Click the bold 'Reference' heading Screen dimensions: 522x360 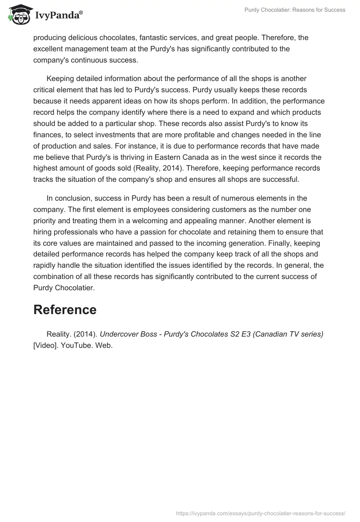coord(65,310)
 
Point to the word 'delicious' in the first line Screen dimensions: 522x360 coord(85,37)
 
